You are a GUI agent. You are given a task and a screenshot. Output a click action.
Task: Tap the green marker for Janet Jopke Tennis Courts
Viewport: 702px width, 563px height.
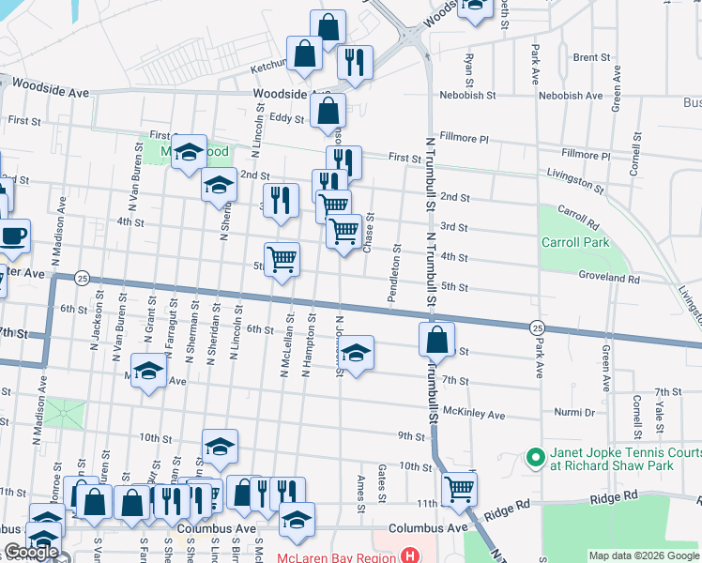click(536, 458)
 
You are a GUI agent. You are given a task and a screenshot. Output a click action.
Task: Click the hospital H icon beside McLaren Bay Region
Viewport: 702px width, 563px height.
click(408, 555)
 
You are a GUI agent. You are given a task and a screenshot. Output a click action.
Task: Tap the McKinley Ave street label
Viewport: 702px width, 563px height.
click(474, 414)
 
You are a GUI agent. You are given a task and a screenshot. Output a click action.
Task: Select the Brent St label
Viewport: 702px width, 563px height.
click(591, 57)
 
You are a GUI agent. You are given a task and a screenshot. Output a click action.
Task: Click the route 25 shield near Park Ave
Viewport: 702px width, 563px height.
click(536, 327)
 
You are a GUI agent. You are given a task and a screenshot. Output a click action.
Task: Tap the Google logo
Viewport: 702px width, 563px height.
click(31, 552)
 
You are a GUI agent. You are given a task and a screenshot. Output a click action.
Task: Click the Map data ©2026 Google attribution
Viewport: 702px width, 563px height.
click(643, 555)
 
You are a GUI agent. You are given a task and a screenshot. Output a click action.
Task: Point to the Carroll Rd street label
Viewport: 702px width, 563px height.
click(578, 218)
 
